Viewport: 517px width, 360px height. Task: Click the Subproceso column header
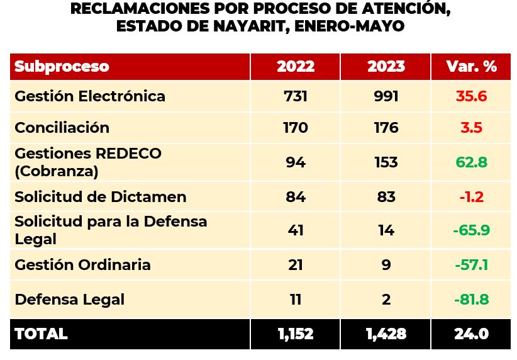click(x=62, y=67)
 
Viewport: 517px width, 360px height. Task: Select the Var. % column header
click(x=471, y=67)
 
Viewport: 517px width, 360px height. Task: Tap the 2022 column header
click(x=295, y=67)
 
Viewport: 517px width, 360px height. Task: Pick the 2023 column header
click(x=386, y=67)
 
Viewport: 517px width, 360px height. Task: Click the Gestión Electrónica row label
click(x=90, y=96)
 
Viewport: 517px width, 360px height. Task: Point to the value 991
click(x=386, y=96)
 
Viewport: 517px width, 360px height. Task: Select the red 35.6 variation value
click(x=471, y=96)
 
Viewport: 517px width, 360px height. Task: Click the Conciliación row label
click(x=62, y=128)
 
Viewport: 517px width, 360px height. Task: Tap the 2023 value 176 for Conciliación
click(x=386, y=128)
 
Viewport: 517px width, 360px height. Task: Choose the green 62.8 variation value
click(x=471, y=162)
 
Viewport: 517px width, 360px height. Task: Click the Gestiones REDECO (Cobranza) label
click(x=88, y=162)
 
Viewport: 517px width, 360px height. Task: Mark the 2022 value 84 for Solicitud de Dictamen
click(x=295, y=196)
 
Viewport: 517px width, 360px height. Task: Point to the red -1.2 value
click(x=471, y=196)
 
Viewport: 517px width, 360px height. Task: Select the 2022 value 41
click(x=295, y=230)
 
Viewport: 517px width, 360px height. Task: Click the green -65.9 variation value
click(x=471, y=230)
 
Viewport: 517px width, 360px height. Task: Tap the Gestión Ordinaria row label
click(x=82, y=264)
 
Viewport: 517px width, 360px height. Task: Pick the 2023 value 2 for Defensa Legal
click(x=386, y=299)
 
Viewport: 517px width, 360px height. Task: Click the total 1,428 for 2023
click(x=386, y=334)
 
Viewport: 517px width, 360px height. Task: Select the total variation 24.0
click(x=471, y=334)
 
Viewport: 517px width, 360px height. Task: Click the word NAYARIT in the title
click(x=242, y=26)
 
